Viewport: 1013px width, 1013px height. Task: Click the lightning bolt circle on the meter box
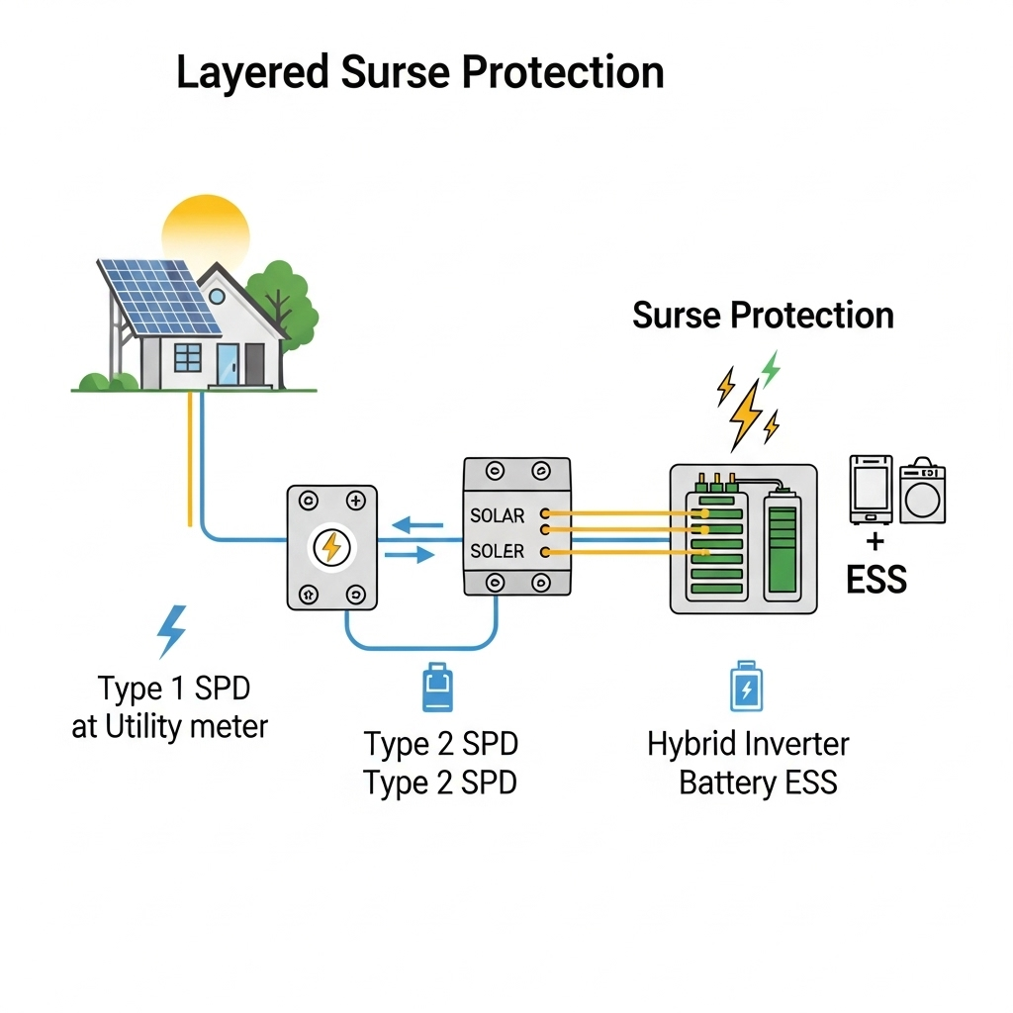pos(331,547)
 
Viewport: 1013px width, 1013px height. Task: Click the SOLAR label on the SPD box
pos(498,515)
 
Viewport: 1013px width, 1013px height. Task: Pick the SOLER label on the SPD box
pos(498,550)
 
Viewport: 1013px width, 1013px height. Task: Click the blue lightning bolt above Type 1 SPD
pos(172,631)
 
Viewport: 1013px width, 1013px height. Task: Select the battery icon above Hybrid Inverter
pos(746,688)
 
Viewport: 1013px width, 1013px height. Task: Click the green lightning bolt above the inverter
pos(770,370)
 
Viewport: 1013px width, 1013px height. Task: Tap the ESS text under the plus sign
pos(876,580)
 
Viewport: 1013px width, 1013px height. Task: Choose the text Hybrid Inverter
pos(748,744)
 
